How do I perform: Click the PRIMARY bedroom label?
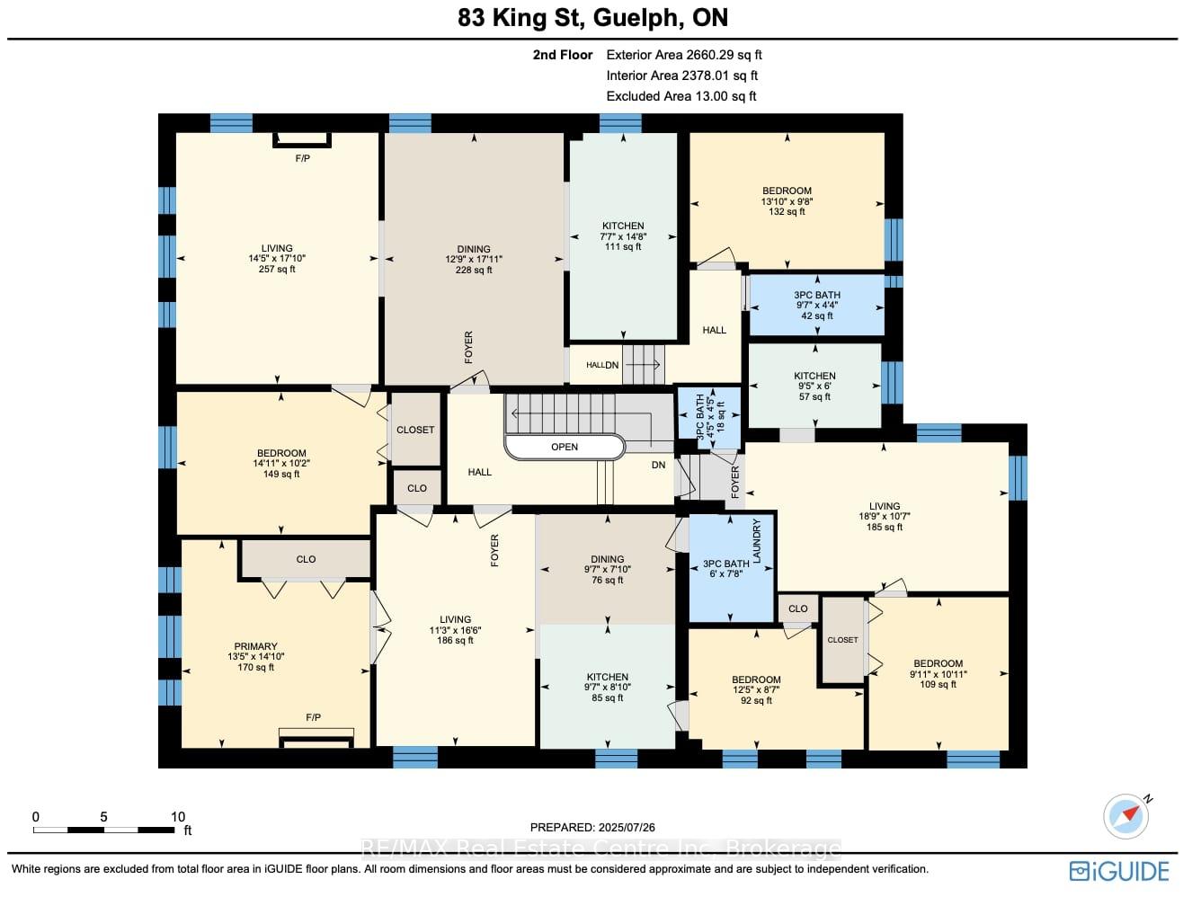[x=255, y=646]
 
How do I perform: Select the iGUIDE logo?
[x=1119, y=872]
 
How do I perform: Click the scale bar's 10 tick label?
[x=178, y=817]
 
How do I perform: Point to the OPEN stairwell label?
[x=565, y=447]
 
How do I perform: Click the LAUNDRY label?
[x=757, y=541]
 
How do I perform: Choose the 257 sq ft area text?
[x=277, y=269]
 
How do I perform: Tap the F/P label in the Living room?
[x=303, y=159]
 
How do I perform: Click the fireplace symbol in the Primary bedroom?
[x=316, y=738]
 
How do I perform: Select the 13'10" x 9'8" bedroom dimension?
[x=787, y=201]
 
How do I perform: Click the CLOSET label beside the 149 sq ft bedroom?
[x=415, y=430]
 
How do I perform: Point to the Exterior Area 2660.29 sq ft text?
[x=684, y=55]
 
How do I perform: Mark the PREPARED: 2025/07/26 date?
[x=592, y=828]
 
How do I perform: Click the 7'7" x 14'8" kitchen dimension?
[x=623, y=237]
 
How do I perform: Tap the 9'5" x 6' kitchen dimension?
[x=814, y=386]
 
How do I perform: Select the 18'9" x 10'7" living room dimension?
[x=885, y=517]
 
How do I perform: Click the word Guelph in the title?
[x=638, y=18]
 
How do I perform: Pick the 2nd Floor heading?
[x=563, y=55]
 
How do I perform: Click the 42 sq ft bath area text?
[x=817, y=316]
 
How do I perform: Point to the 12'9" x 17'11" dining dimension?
[x=474, y=260]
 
